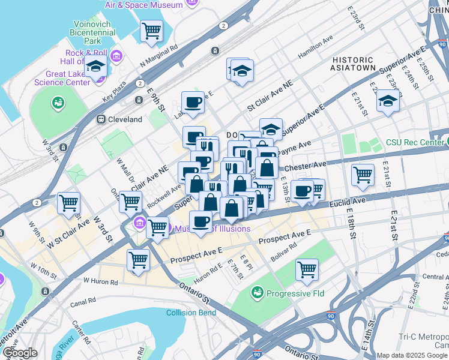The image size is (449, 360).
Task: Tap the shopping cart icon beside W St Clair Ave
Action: click(69, 203)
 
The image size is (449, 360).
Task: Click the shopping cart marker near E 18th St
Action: click(363, 175)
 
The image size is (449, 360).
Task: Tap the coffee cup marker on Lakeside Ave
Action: click(193, 103)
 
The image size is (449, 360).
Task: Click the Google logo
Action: click(20, 352)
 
